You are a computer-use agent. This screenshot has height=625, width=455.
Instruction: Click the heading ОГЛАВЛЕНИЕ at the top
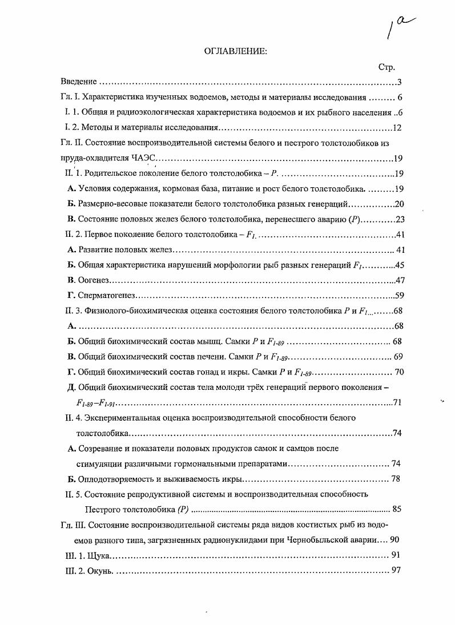236,51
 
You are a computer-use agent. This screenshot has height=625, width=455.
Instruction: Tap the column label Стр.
386,67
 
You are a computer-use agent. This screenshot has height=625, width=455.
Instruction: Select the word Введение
79,82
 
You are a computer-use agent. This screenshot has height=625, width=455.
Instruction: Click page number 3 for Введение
400,82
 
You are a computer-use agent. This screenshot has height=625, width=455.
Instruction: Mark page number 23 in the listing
399,220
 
